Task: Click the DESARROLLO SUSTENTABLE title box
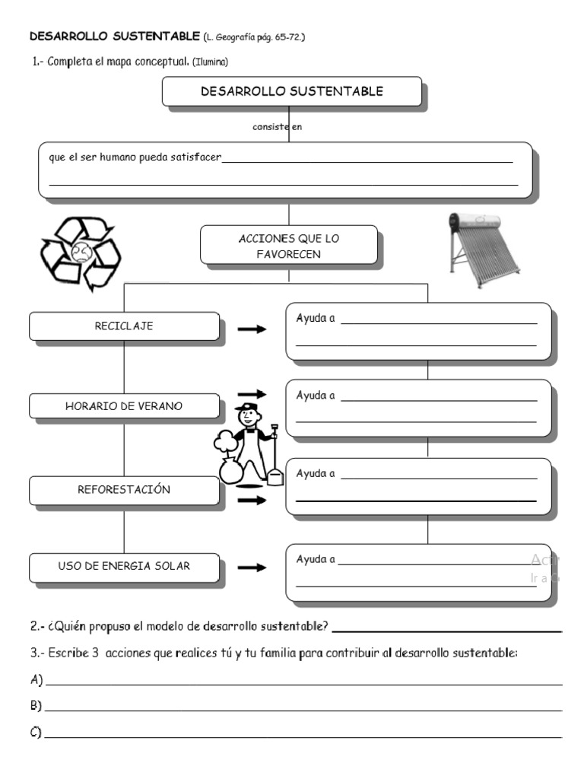[292, 92]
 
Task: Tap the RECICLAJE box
[124, 326]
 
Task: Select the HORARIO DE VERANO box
[124, 406]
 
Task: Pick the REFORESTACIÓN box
[124, 490]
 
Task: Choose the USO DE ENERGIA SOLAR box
[124, 567]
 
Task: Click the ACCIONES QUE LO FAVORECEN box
[288, 246]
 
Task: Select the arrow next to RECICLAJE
[252, 329]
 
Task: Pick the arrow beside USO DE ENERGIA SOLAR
[252, 568]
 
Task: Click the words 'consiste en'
[278, 127]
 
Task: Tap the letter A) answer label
[36, 679]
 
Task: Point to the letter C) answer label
[36, 732]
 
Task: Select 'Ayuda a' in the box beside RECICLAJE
[316, 318]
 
